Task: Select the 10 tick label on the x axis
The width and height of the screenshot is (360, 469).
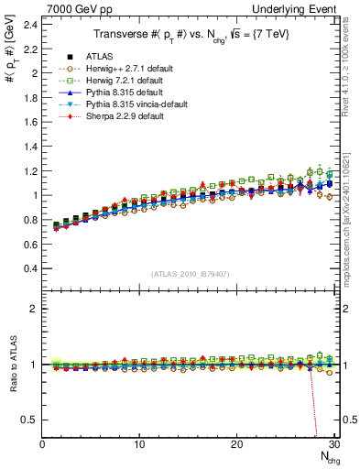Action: click(x=139, y=445)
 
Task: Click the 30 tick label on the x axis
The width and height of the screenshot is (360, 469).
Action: click(x=333, y=445)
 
